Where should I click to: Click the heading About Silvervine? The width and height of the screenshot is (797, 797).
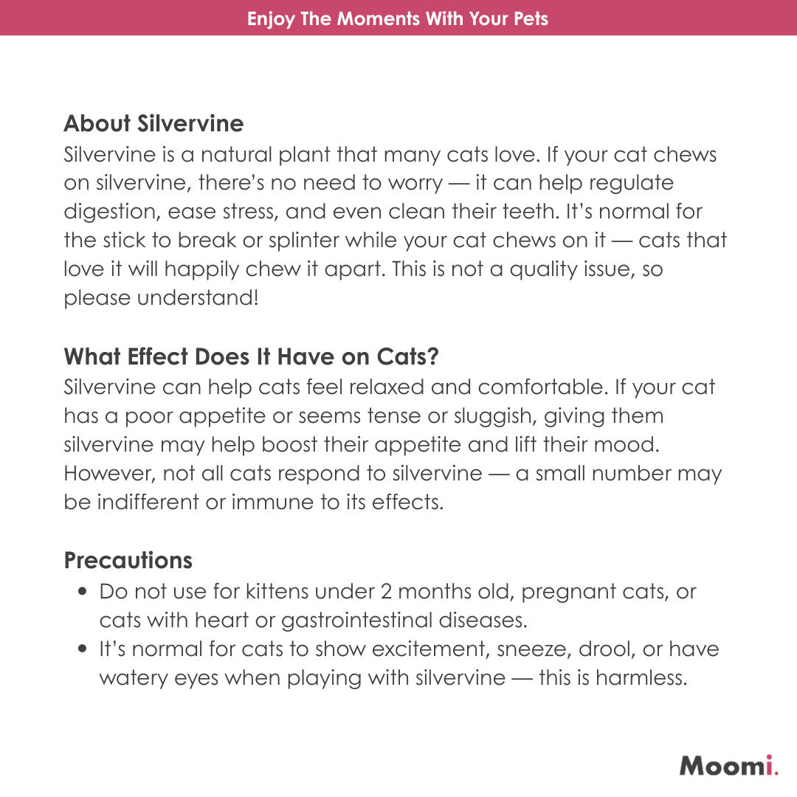153,123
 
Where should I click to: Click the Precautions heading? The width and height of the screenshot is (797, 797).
128,561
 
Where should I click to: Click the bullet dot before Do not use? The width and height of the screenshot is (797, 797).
83,592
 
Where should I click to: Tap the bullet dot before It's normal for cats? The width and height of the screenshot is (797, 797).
83,650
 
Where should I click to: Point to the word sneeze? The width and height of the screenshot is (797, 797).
538,650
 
